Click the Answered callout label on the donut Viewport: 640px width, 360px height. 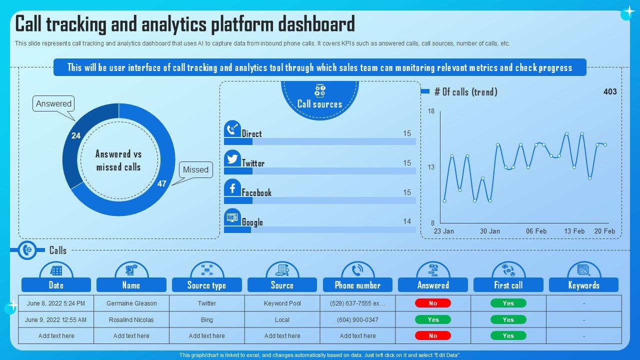point(53,104)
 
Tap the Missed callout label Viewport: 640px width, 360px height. point(195,169)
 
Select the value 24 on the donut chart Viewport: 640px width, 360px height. point(76,135)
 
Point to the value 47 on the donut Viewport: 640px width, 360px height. point(161,183)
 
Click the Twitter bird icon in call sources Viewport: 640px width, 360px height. point(232,158)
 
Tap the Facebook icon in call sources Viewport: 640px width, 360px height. point(232,188)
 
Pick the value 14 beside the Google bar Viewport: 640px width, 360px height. point(407,221)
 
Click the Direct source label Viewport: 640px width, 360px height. point(251,133)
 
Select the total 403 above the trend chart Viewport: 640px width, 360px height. point(610,91)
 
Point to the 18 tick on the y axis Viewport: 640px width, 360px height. point(431,111)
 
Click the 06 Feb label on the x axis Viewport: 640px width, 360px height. point(536,231)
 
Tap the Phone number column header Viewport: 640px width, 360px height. point(357,285)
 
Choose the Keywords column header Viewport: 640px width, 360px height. point(583,285)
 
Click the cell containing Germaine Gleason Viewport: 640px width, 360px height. point(131,303)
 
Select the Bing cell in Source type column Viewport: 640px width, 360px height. point(206,320)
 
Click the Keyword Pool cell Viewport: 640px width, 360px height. point(282,303)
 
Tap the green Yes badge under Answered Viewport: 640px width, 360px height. point(433,320)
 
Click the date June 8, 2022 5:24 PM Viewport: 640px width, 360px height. point(56,303)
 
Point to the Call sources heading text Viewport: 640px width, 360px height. point(319,104)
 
